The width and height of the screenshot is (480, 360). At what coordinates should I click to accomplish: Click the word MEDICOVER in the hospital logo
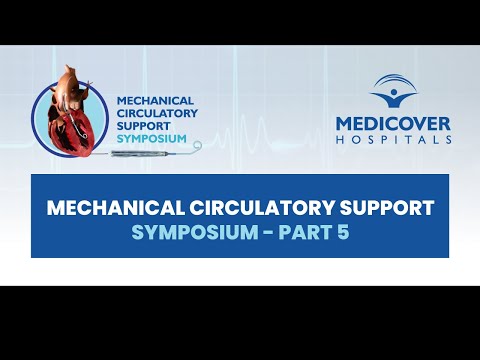[391, 124]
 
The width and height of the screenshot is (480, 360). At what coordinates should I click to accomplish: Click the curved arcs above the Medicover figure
[394, 80]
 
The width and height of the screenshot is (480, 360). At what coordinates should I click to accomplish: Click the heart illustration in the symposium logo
[67, 115]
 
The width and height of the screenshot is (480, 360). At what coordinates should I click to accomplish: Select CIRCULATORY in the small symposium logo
[154, 114]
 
